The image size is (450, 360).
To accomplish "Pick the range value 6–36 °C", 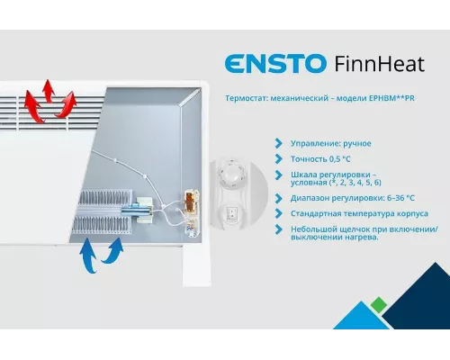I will click(x=392, y=198).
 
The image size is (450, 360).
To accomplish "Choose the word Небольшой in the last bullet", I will click(x=313, y=229).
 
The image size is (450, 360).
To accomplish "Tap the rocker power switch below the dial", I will click(x=238, y=216).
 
